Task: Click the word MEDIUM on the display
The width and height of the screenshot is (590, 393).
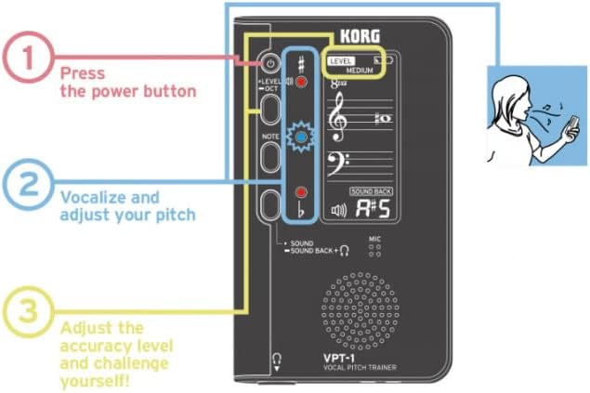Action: click(361, 71)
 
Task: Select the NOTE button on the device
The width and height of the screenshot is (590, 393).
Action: click(269, 156)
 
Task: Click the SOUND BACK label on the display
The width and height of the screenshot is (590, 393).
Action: click(373, 191)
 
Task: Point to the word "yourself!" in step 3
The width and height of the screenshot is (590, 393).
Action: click(95, 378)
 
